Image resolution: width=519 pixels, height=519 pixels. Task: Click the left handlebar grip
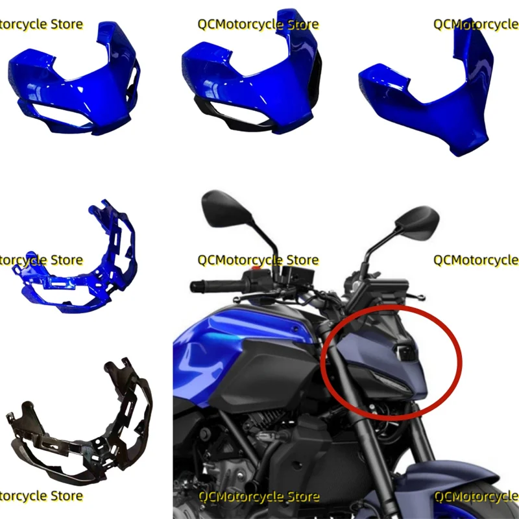208,285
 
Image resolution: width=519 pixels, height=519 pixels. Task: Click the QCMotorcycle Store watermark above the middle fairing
258,25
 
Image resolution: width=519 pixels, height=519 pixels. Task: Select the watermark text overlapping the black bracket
42,496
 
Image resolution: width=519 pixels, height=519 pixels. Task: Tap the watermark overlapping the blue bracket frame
42,260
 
